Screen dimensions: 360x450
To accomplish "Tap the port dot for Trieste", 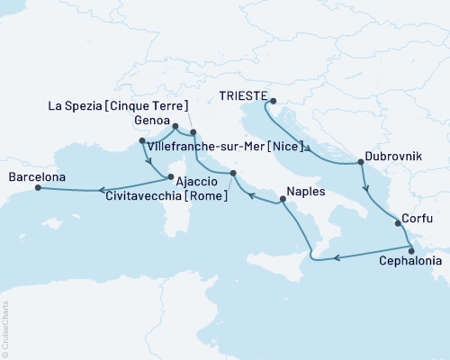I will coord(274,102).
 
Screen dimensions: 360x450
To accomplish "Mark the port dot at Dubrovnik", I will coord(361,163).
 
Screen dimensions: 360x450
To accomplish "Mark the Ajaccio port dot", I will coord(168,176).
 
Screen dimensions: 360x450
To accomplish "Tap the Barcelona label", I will coord(37,177).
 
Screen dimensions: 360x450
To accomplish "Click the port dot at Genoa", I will coord(175,127).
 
